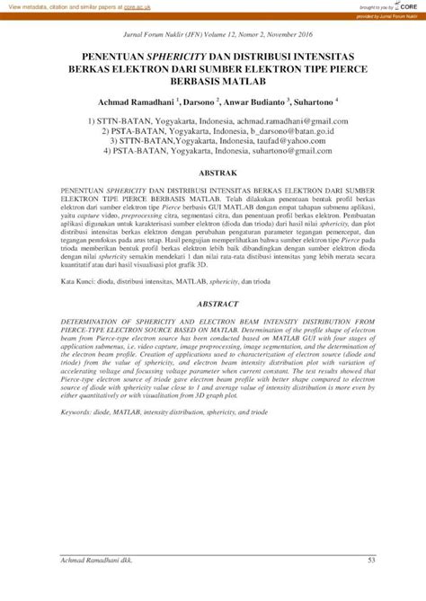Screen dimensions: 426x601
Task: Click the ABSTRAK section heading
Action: click(212, 172)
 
